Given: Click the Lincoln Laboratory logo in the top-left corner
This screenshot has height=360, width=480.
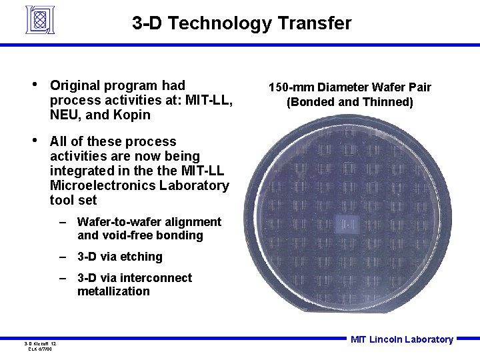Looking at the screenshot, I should click(39, 20).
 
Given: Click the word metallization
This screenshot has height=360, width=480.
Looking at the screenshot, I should click(113, 291).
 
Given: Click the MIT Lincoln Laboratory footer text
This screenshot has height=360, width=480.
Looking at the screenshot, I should click(401, 339).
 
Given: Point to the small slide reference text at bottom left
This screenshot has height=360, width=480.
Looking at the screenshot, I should click(41, 346).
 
